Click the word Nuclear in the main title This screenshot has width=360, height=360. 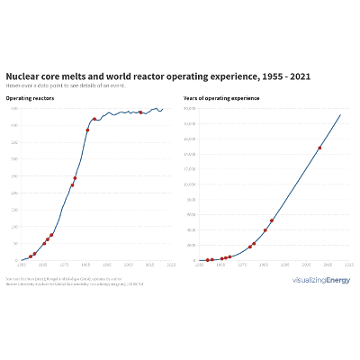[24, 76]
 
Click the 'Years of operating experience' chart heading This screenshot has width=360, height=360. [217, 97]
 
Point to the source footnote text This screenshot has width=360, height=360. [63, 281]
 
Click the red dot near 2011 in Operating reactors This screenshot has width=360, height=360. [140, 112]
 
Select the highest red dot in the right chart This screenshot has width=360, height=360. [319, 148]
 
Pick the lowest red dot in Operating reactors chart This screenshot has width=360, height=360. [31, 256]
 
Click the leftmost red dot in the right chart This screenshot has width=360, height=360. [207, 260]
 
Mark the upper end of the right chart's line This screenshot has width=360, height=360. [340, 114]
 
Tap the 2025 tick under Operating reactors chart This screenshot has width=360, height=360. [170, 265]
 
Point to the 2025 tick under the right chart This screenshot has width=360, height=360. [348, 265]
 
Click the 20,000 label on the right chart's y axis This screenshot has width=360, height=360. [190, 109]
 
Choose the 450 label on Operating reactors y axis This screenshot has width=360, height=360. [13, 109]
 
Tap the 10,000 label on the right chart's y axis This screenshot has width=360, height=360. [190, 184]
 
